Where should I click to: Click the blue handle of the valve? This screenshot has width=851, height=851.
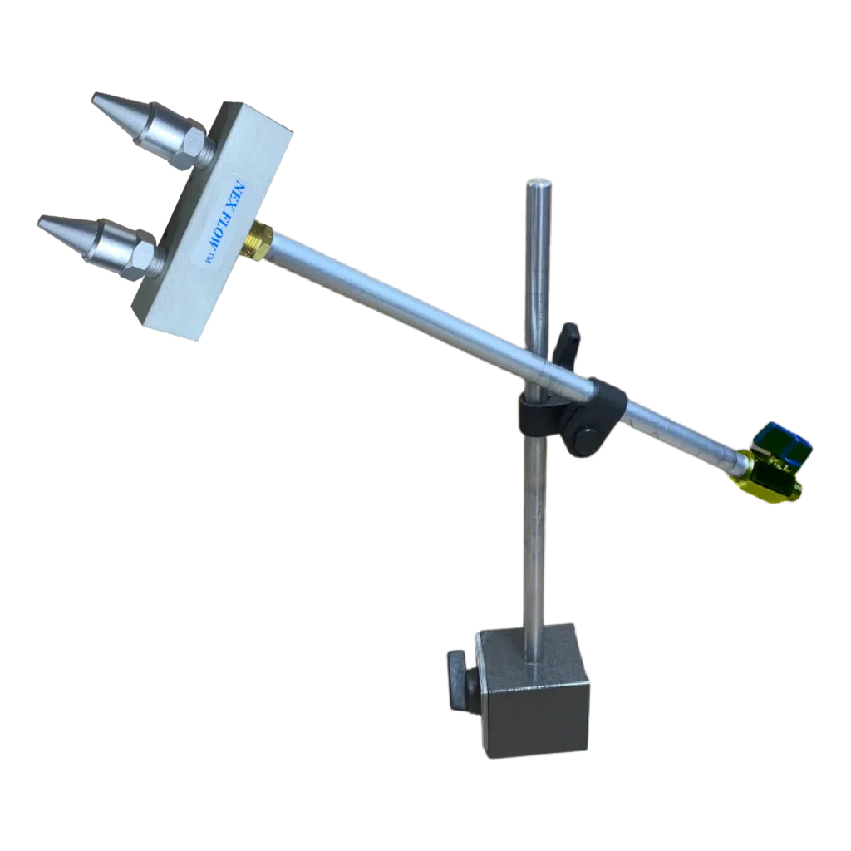[785, 439]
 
